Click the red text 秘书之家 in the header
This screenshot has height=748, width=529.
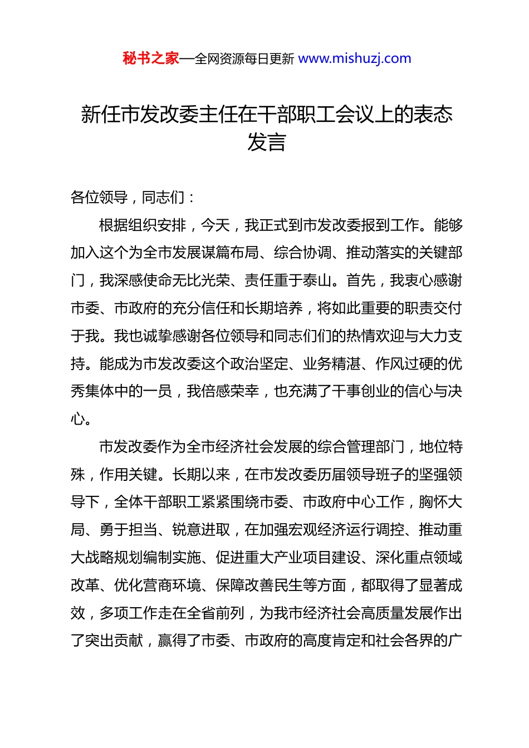(151, 58)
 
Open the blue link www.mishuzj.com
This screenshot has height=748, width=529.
(355, 58)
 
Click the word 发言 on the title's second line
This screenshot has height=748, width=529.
(266, 142)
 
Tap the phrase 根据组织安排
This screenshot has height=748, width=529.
(143, 225)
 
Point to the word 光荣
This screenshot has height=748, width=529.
(215, 280)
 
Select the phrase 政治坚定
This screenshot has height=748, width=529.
(259, 364)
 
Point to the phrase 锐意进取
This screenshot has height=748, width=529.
(201, 530)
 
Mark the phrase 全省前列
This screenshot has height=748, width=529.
(215, 613)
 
